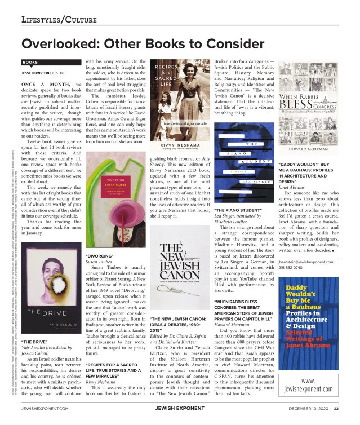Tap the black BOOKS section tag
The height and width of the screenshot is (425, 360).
pyautogui.click(x=31, y=63)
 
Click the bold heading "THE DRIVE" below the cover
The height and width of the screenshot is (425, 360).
pyautogui.click(x=35, y=342)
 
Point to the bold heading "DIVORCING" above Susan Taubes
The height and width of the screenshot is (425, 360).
pyautogui.click(x=99, y=255)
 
